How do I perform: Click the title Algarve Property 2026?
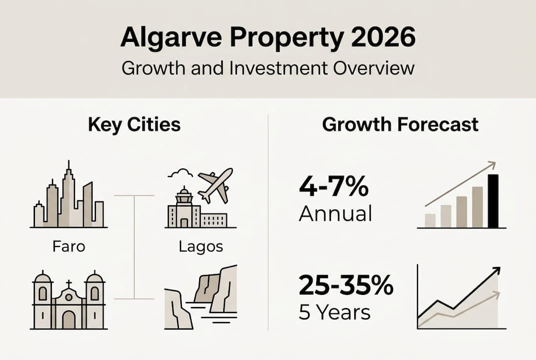(x=268, y=38)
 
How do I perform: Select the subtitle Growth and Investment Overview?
(x=268, y=67)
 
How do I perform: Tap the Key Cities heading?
(x=134, y=125)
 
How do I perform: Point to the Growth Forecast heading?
(x=400, y=125)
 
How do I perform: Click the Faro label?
(x=68, y=246)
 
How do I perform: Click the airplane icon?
(x=216, y=183)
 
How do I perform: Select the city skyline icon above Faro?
(x=68, y=197)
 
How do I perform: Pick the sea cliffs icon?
(x=201, y=297)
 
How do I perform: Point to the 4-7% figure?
(x=333, y=189)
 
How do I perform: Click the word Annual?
(x=335, y=214)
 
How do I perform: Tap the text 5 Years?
(x=334, y=312)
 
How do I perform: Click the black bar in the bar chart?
(x=493, y=200)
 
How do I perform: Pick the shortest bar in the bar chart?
(x=430, y=220)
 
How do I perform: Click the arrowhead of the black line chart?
(x=496, y=271)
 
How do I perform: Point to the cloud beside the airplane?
(x=180, y=173)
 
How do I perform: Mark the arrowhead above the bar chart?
(x=492, y=164)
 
